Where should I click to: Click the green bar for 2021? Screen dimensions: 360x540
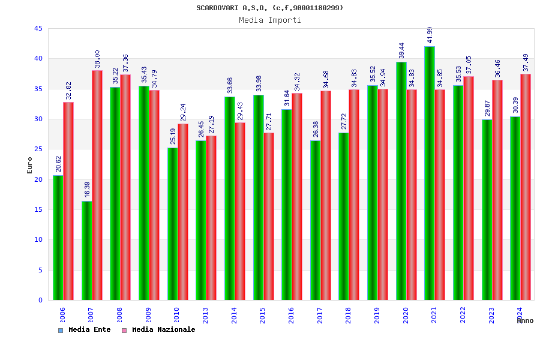[x=430, y=173]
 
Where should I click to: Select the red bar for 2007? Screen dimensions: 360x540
[x=97, y=185]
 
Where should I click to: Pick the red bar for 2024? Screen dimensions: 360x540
[x=526, y=187]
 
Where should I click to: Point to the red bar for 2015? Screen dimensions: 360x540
[x=269, y=216]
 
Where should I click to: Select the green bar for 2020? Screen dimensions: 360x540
[x=401, y=181]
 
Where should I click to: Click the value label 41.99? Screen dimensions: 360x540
[x=430, y=35]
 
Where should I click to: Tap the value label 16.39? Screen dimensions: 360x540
[x=88, y=190]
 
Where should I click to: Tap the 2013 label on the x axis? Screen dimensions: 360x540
[x=206, y=315]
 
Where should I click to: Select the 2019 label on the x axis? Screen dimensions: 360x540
[x=377, y=315]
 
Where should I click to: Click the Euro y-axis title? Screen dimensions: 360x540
[x=30, y=165]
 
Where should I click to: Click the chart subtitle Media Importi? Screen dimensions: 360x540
[x=270, y=20]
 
